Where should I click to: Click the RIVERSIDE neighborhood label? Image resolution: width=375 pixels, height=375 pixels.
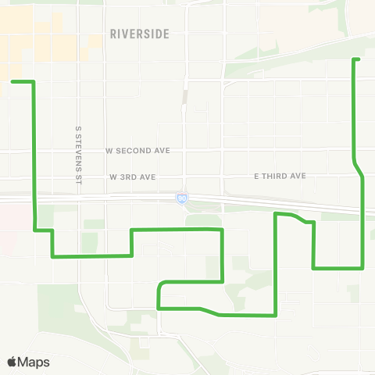pos(140,34)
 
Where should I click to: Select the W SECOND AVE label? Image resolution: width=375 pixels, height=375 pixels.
pos(137,149)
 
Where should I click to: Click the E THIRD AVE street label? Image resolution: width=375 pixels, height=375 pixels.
pos(280,177)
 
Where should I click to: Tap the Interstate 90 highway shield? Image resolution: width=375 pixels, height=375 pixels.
pos(181,201)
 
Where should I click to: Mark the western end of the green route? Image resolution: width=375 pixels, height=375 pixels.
pos(12,81)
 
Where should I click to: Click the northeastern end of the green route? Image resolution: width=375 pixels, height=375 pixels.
pos(356,59)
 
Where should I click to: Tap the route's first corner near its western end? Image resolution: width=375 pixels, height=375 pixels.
pos(33,81)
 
